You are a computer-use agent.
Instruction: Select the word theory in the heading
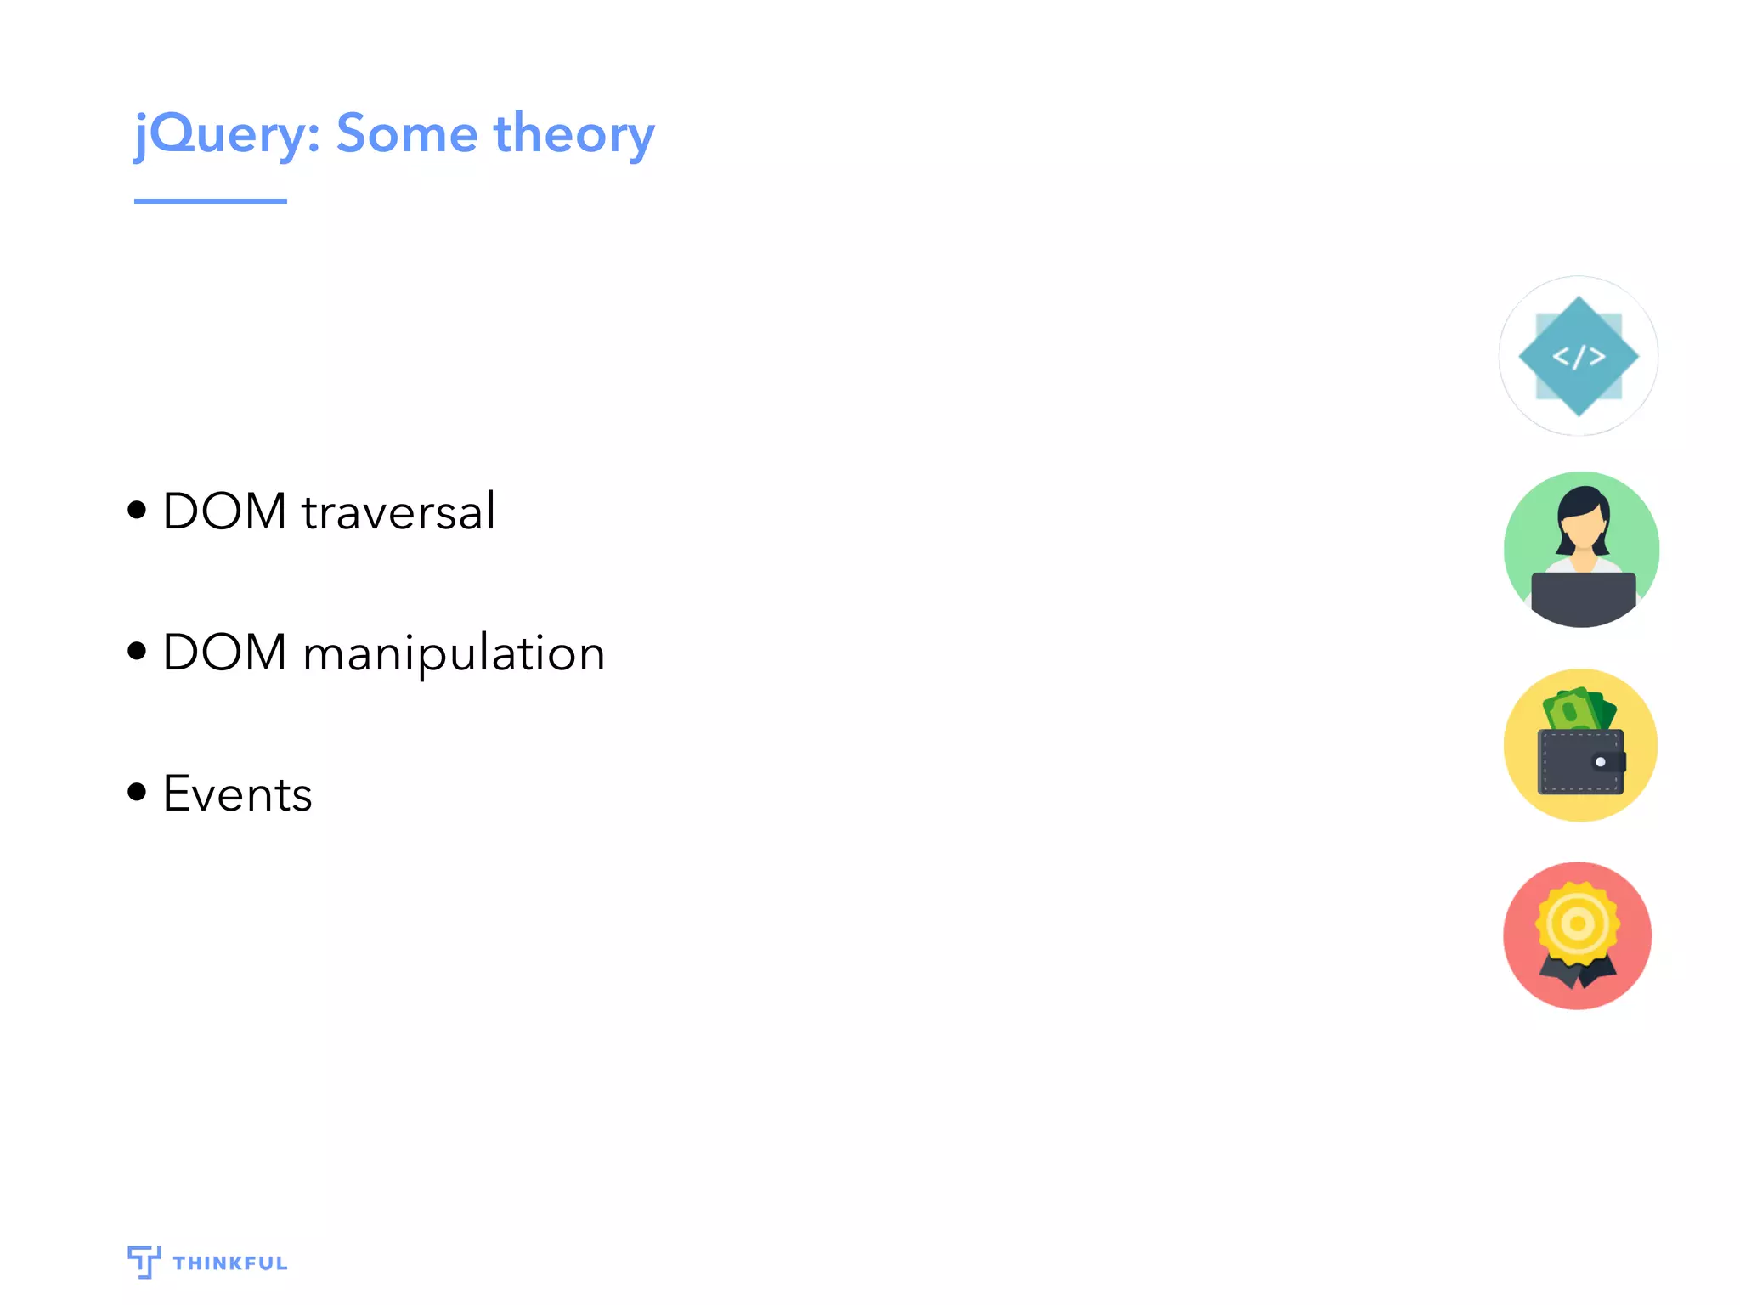pos(573,134)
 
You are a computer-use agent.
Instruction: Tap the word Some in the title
pos(407,134)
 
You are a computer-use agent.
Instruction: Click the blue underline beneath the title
pos(210,201)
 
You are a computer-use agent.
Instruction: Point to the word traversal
pos(398,512)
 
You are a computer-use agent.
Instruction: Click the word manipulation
pos(454,654)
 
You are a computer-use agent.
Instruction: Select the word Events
pos(237,795)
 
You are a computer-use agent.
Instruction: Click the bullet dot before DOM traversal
pos(137,511)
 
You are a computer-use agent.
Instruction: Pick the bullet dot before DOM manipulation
pos(137,652)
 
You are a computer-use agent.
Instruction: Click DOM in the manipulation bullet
pos(224,652)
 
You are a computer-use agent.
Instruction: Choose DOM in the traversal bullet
pos(224,511)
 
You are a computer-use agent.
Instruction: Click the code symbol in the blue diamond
pos(1579,357)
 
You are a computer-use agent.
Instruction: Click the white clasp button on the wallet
pos(1600,762)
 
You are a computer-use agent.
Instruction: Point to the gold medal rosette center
pos(1578,924)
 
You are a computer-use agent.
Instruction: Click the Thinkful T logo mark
pos(144,1261)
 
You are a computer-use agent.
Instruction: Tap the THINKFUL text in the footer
pos(230,1263)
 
